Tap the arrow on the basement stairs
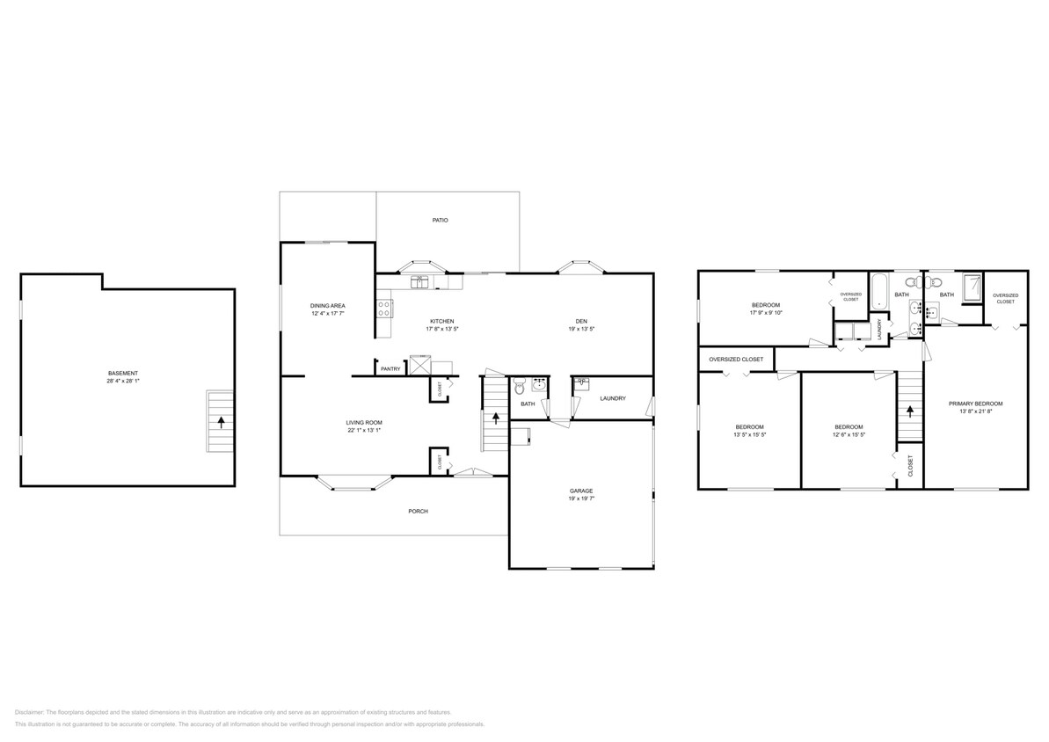[x=221, y=421]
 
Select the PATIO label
[x=440, y=220]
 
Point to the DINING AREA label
[x=326, y=306]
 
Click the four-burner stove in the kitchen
[x=384, y=308]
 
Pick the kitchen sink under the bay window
[x=420, y=281]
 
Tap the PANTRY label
[x=390, y=369]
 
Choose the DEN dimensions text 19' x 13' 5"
[x=581, y=329]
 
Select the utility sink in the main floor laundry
[x=582, y=383]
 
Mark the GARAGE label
[x=581, y=491]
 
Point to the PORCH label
[x=418, y=511]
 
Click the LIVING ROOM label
[x=363, y=423]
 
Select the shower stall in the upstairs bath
[x=972, y=289]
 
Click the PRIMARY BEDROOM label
[x=975, y=404]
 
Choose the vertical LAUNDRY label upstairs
[x=879, y=329]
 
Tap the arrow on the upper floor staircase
[x=910, y=411]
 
